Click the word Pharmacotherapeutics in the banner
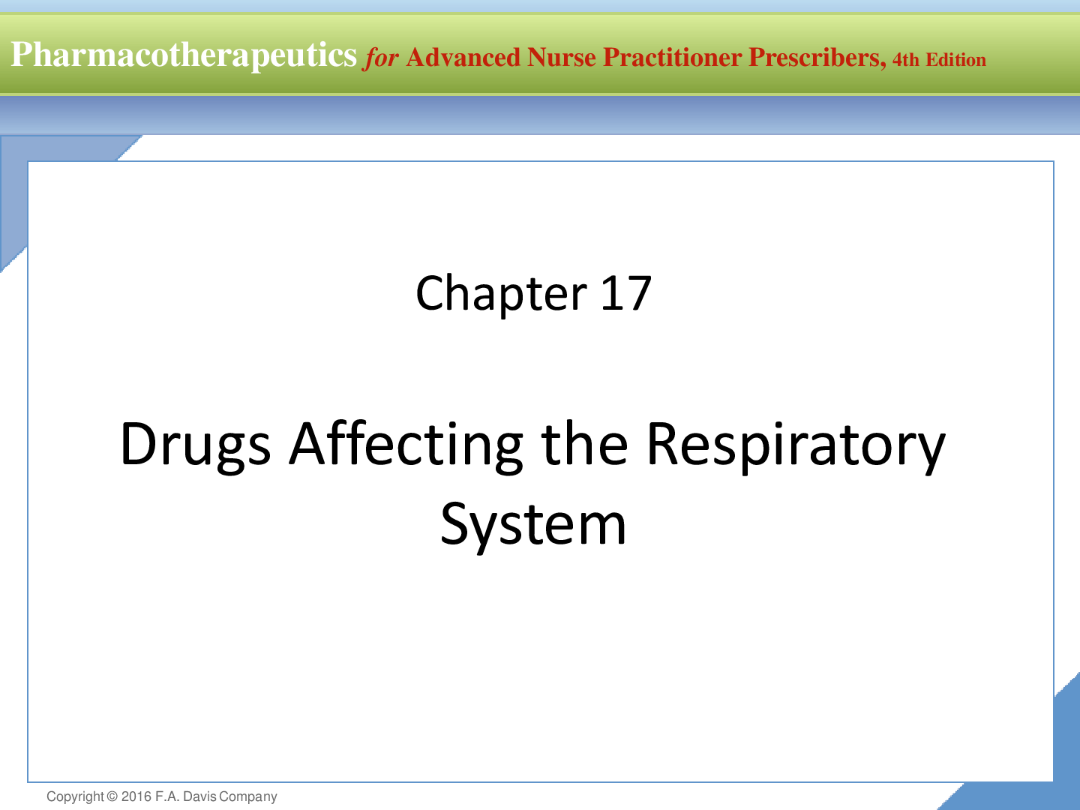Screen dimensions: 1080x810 coord(184,55)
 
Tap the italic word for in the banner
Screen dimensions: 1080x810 coord(380,58)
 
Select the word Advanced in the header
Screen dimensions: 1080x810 coord(463,58)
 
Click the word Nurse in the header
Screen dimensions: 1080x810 coord(562,58)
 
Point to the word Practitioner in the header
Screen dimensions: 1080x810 coord(673,58)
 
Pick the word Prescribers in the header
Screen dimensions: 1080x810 coord(817,58)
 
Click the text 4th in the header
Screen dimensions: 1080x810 coord(906,59)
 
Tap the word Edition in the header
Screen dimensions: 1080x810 coord(956,59)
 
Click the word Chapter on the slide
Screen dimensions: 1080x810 coord(502,294)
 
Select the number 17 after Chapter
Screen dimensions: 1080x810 coord(626,293)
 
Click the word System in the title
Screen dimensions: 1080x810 coord(533,525)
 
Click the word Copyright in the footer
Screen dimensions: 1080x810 coord(75,796)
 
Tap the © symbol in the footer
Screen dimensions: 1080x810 coord(112,796)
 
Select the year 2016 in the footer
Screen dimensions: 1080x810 coord(136,796)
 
